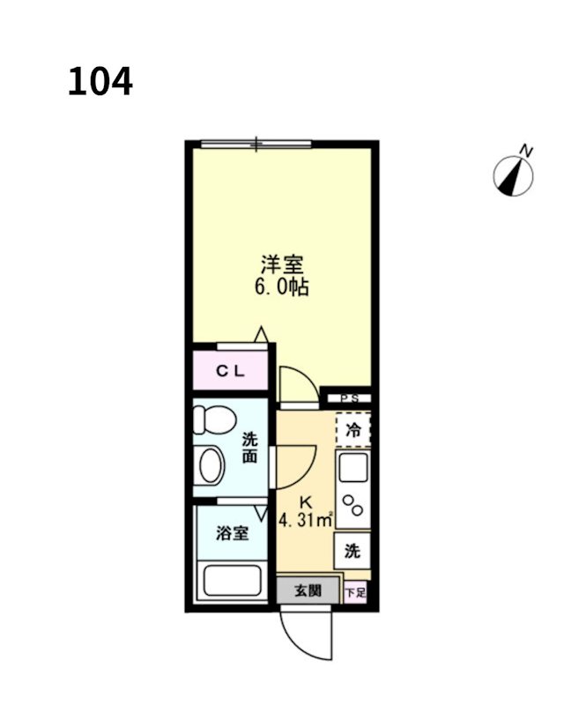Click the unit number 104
(100, 82)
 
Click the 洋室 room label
(281, 263)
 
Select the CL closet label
(231, 371)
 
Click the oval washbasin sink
(211, 465)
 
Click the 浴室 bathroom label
(232, 533)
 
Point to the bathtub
(233, 582)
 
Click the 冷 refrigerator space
(353, 431)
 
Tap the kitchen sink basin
(353, 468)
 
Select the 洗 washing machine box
(352, 553)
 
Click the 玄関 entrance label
(308, 590)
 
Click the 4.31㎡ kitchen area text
(305, 519)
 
